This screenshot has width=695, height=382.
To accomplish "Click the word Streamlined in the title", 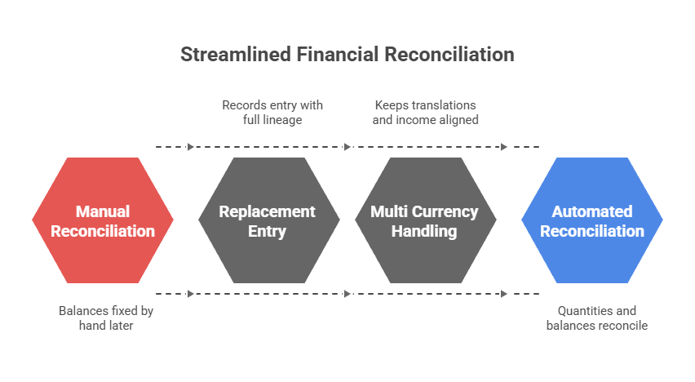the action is click(236, 55).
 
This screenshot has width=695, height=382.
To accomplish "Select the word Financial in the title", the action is click(338, 55).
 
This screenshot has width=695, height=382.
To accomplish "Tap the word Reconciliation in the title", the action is click(449, 55).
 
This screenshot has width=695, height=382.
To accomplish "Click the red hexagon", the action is click(103, 220).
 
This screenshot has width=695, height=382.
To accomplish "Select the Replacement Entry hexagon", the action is click(269, 220).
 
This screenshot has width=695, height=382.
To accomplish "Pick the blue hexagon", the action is click(592, 220).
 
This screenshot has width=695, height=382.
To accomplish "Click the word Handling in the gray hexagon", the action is click(424, 232).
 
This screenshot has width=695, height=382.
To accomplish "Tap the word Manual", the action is click(103, 211).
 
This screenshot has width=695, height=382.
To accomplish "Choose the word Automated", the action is click(592, 211).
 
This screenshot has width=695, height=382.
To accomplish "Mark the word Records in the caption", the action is click(243, 105).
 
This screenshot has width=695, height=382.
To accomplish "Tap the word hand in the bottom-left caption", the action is click(92, 325).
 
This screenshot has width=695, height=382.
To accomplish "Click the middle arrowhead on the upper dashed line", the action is click(347, 147).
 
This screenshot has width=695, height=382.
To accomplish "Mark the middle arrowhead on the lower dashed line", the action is click(347, 294).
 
